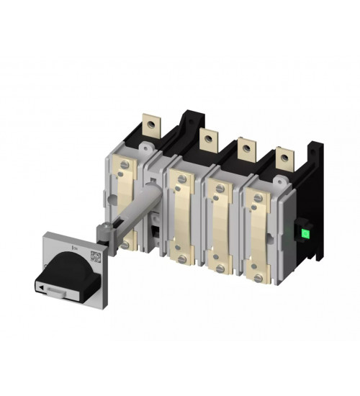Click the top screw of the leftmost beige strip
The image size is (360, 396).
[x=127, y=165]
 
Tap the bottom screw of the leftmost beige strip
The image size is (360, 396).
[x=126, y=246]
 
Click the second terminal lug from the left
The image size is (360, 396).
[x=208, y=139]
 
